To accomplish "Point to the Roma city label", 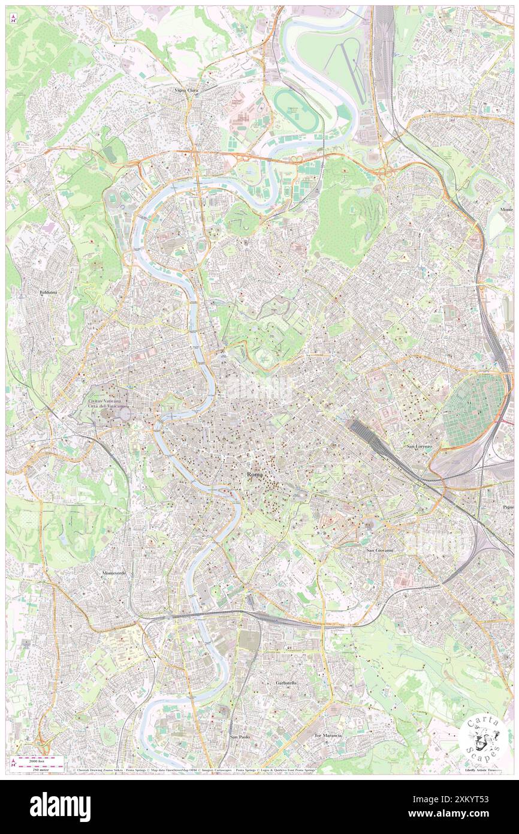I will [x=255, y=475].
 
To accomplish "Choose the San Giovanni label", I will [x=379, y=550].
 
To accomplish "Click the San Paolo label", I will [x=241, y=736].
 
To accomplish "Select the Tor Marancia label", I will [x=328, y=735].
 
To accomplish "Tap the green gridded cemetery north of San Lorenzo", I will [x=475, y=410].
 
